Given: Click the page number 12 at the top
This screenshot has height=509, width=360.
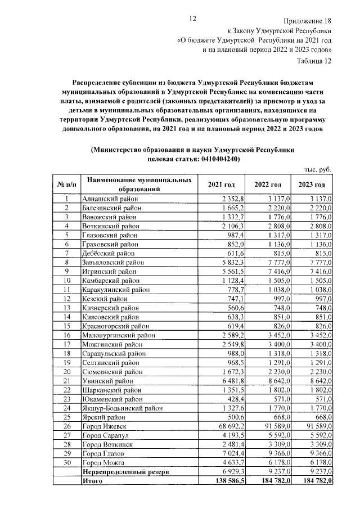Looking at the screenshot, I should point(192,19).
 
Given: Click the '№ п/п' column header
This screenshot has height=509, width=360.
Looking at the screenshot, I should point(66,185).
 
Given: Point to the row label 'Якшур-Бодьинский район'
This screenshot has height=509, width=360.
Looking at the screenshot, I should point(122,408).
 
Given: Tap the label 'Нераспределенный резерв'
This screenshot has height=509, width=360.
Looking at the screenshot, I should point(125,471).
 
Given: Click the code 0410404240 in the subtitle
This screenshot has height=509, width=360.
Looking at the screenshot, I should point(216,159).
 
